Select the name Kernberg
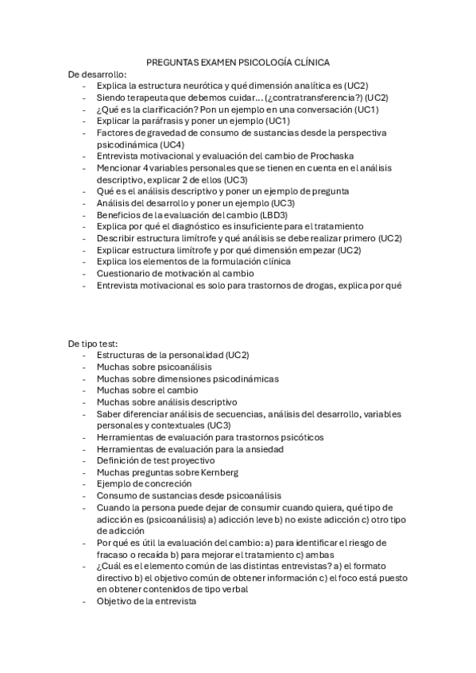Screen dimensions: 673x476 [215, 472]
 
